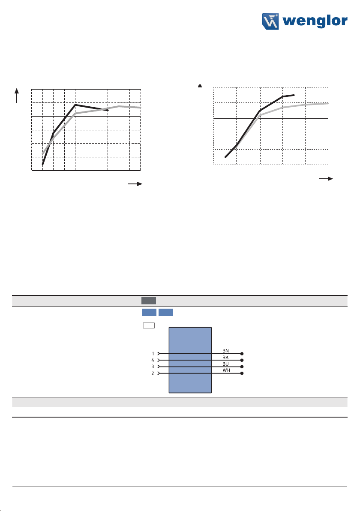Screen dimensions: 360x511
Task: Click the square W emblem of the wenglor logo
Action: (270, 21)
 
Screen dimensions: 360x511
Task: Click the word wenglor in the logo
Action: (315, 21)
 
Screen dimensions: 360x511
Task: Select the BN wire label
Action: (225, 351)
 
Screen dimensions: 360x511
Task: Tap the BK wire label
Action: (225, 358)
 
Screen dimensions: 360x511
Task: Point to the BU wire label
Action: (225, 364)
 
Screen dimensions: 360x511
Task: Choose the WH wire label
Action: (226, 370)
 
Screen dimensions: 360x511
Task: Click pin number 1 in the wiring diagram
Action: (153, 354)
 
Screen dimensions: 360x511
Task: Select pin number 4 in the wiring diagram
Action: (153, 360)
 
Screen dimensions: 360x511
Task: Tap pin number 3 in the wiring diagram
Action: (153, 367)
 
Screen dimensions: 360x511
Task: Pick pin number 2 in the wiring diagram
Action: (153, 373)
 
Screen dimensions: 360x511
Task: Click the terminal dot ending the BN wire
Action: (242, 354)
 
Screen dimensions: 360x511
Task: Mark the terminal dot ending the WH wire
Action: (242, 373)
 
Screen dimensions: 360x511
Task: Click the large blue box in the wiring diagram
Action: (190, 360)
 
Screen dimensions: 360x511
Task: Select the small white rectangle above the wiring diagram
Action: (149, 325)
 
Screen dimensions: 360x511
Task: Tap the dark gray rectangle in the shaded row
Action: (149, 301)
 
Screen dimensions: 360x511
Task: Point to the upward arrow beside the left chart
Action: (17, 96)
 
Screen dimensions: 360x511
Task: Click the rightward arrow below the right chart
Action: (326, 179)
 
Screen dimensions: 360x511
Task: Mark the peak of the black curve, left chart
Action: (75, 105)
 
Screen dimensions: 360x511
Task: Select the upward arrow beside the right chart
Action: (200, 90)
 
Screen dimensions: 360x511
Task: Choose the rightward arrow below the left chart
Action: (135, 184)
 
